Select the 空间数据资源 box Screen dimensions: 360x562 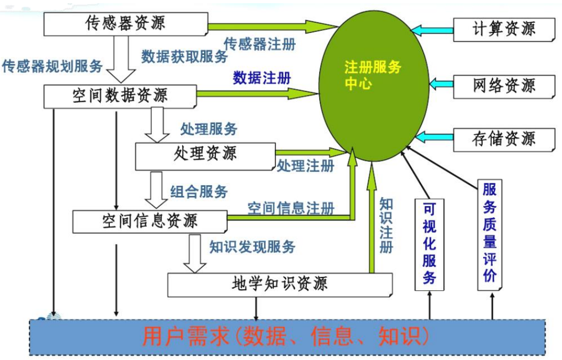point(120,95)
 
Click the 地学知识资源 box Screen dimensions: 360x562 point(280,284)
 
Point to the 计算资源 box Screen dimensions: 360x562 point(503,29)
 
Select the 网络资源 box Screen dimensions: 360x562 point(503,85)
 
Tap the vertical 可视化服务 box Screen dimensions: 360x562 point(429,244)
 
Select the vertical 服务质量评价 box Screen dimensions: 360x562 point(490,234)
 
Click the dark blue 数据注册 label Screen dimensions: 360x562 point(262,78)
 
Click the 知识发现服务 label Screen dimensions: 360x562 point(252,246)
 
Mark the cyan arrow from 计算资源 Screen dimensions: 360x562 point(432,29)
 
